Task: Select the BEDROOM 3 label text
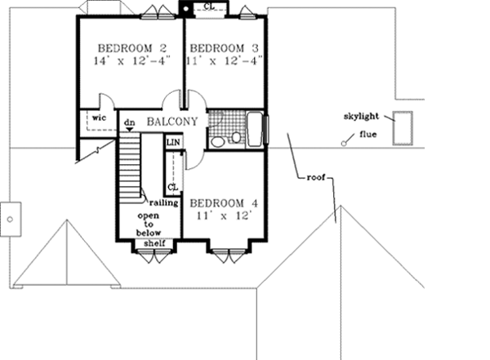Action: click(225, 46)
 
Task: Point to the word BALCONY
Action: click(172, 122)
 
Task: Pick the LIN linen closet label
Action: click(172, 142)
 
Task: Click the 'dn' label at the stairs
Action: click(129, 122)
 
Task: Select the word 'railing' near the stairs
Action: click(154, 202)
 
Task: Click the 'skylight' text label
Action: click(363, 118)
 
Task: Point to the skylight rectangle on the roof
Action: click(401, 127)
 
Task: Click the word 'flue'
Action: click(367, 135)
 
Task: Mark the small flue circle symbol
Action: click(344, 143)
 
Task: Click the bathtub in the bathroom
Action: click(255, 130)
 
